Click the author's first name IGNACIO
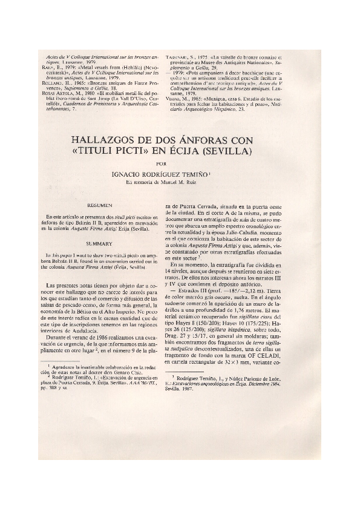129,174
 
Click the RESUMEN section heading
97,206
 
